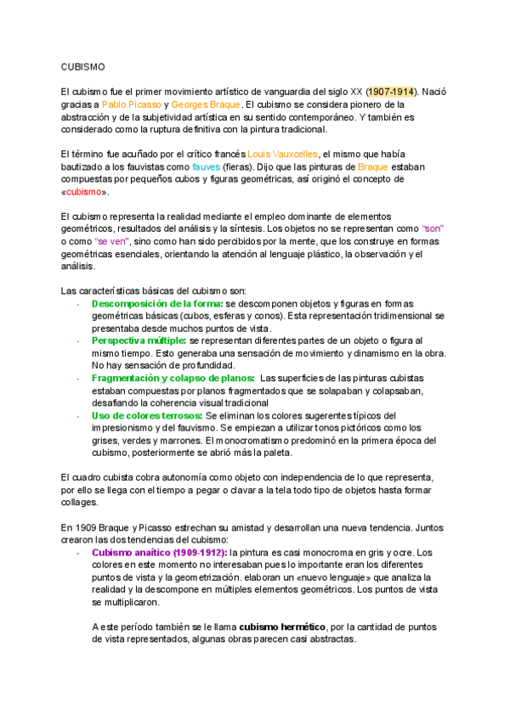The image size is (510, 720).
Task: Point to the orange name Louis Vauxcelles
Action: coord(282,154)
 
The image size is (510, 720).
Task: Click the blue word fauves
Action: coord(206,166)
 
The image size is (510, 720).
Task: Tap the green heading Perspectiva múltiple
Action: coord(139,340)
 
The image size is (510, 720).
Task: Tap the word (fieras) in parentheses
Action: coord(240,166)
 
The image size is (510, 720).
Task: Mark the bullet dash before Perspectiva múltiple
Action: coord(77,340)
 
